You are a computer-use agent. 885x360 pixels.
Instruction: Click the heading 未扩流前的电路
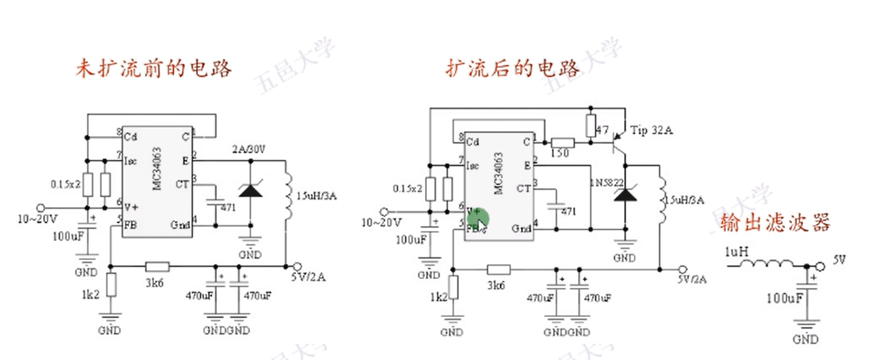pyautogui.click(x=154, y=68)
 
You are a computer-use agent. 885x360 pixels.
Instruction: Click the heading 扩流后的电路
pyautogui.click(x=513, y=68)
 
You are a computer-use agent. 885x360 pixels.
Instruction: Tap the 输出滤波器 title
pyautogui.click(x=776, y=222)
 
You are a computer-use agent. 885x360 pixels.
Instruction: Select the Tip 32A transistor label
pyautogui.click(x=652, y=130)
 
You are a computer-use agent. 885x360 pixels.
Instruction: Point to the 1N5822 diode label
pyautogui.click(x=607, y=183)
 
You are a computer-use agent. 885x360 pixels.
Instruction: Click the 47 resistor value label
pyautogui.click(x=603, y=131)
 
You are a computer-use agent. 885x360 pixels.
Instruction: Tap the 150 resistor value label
pyautogui.click(x=561, y=154)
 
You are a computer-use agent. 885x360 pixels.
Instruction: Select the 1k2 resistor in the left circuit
pyautogui.click(x=111, y=285)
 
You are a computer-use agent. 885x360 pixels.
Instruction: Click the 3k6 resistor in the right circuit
pyautogui.click(x=498, y=270)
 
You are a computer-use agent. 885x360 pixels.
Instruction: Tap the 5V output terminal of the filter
pyautogui.click(x=820, y=266)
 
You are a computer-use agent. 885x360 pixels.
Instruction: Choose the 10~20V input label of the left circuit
pyautogui.click(x=37, y=220)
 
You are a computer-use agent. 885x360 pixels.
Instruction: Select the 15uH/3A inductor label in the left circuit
pyautogui.click(x=316, y=196)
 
